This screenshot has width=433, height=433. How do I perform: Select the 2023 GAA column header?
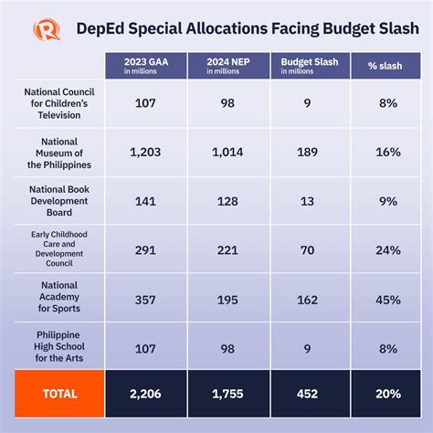coord(144,66)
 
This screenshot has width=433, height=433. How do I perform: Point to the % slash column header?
coord(387,66)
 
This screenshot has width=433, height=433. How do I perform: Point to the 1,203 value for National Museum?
coord(144,152)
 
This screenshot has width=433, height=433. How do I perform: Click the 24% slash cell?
coord(387,248)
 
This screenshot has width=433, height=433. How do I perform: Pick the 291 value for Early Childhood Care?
coord(144,248)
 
